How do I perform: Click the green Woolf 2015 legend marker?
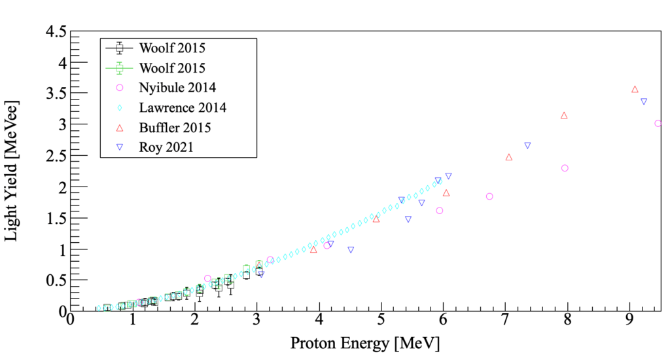point(119,67)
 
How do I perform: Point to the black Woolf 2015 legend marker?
point(119,47)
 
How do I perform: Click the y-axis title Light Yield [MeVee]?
point(12,170)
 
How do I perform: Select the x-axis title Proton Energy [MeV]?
point(364,343)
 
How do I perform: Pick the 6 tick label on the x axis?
point(443,321)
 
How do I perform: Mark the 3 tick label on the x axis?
point(256,321)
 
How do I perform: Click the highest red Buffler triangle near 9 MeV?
point(635,89)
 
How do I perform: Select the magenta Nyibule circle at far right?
point(658,123)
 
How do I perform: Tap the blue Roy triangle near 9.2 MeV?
point(644,101)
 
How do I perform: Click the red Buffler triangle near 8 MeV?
point(564,115)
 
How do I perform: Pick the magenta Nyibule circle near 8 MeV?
point(565,168)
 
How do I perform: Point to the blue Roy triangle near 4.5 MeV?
point(351,249)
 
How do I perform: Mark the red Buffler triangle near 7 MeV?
point(508,157)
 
